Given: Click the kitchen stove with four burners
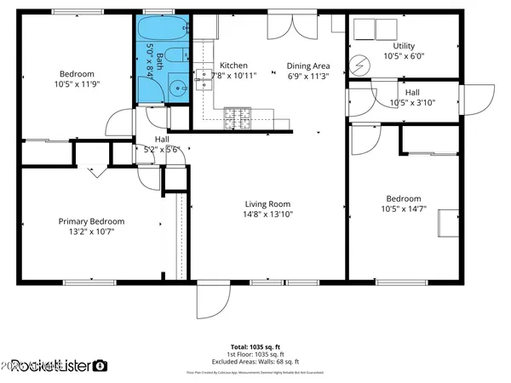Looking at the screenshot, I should click(x=236, y=118).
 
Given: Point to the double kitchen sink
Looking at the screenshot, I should click(x=204, y=79).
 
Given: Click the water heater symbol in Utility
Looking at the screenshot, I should click(x=359, y=64).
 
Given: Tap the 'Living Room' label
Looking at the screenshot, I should click(x=268, y=204).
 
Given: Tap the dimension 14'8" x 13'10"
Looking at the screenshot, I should click(x=268, y=215).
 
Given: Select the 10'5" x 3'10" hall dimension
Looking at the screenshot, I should click(x=411, y=103).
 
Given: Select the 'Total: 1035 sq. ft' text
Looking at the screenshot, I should click(x=255, y=346).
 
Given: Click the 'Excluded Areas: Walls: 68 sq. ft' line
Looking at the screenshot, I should click(x=255, y=362).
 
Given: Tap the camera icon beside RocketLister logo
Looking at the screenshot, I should click(x=100, y=366).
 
